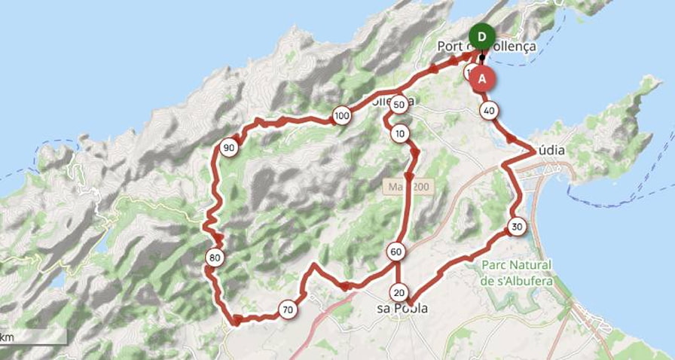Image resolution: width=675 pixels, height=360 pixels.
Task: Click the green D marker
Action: pyautogui.click(x=481, y=36)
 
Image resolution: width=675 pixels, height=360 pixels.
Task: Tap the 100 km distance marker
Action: pyautogui.click(x=342, y=116)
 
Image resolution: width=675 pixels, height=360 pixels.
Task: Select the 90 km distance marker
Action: pyautogui.click(x=230, y=148)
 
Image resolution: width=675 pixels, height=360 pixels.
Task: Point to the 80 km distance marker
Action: pyautogui.click(x=215, y=258)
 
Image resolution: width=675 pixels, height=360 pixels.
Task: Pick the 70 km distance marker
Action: pyautogui.click(x=287, y=310)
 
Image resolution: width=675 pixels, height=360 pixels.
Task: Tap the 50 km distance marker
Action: pyautogui.click(x=400, y=104)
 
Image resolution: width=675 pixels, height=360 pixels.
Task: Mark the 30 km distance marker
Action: pyautogui.click(x=516, y=227)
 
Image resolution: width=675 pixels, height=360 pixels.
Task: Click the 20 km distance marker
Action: pyautogui.click(x=399, y=292)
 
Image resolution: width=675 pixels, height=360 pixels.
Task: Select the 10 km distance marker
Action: pyautogui.click(x=400, y=134)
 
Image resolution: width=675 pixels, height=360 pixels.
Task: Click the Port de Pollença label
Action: pyautogui.click(x=487, y=47)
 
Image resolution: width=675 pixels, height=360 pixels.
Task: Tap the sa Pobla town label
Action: pyautogui.click(x=402, y=309)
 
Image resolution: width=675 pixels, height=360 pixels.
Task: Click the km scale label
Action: pyautogui.click(x=6, y=336)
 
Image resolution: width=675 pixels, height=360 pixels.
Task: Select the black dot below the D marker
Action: pyautogui.click(x=482, y=56)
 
